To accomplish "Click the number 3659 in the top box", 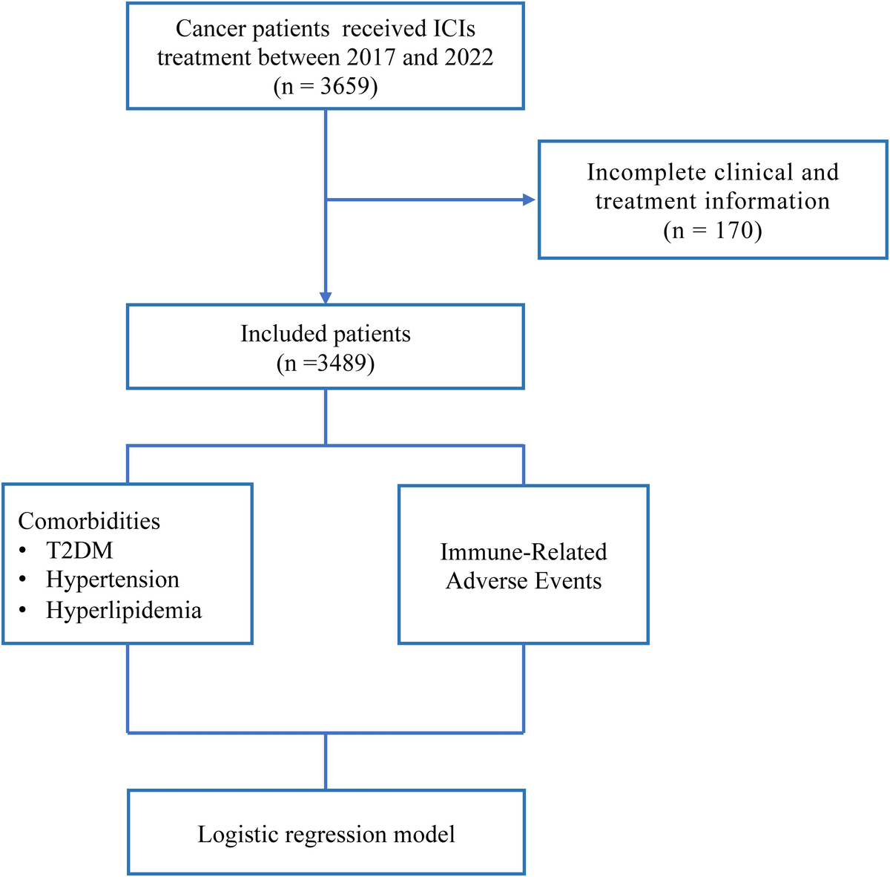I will point(345,87).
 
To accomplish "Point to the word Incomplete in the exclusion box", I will point(645,172).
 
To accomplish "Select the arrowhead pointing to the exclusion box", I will point(528,200).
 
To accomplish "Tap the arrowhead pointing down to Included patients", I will point(326,298).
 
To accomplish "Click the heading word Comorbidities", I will point(89,521).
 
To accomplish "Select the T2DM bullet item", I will point(79,551).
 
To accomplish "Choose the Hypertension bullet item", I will point(113,579).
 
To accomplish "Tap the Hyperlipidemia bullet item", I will point(124,610).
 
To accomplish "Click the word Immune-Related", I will point(524,552).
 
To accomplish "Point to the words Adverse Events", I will point(524,580).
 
